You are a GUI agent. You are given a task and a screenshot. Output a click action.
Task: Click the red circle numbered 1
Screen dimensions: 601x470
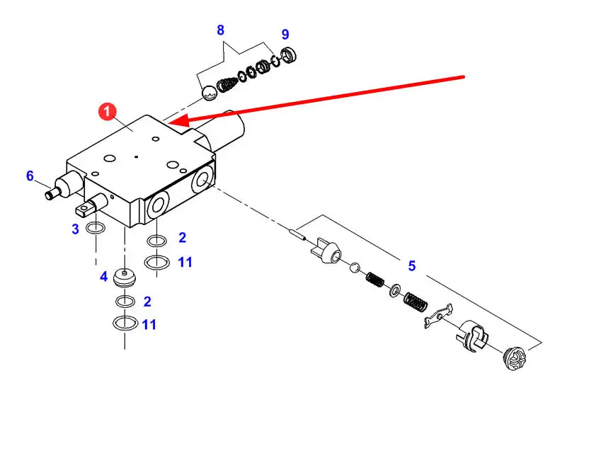[107, 111]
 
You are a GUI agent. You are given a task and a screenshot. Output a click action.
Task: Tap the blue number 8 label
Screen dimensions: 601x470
[220, 30]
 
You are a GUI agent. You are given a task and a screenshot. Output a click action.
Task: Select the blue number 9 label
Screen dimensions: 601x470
[285, 35]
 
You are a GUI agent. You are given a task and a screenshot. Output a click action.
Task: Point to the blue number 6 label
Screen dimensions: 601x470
[30, 176]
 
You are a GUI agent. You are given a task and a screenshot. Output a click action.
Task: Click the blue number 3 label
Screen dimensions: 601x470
[75, 229]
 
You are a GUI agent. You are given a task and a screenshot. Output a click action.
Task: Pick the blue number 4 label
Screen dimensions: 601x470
[103, 276]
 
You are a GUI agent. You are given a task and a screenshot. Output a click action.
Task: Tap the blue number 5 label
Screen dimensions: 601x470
[412, 265]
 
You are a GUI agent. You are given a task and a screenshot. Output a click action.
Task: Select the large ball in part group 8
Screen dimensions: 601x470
[210, 93]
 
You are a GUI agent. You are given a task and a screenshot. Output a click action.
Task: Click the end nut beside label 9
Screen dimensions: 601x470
[289, 55]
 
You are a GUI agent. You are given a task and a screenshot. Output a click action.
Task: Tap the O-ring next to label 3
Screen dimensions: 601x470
[96, 228]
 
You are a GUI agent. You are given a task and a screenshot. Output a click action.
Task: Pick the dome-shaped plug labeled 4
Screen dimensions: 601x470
[125, 278]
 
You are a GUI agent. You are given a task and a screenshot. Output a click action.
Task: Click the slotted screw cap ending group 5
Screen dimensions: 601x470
[515, 358]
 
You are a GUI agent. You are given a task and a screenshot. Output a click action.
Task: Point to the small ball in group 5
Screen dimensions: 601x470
[355, 267]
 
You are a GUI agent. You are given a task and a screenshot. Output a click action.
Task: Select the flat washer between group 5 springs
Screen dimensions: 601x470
[395, 290]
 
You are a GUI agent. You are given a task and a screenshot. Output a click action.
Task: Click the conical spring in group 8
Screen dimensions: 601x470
[228, 85]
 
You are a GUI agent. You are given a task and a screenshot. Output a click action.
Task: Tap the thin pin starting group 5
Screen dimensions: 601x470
[297, 234]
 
